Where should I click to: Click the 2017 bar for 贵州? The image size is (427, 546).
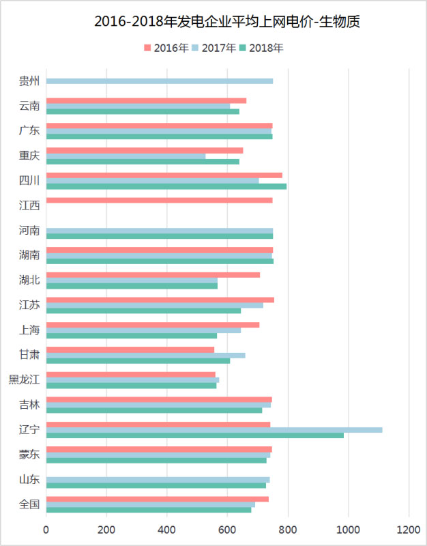click(160, 81)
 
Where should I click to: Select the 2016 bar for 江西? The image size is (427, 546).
click(160, 200)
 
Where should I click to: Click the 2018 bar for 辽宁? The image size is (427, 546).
click(195, 435)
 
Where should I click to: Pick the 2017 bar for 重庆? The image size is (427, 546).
click(126, 156)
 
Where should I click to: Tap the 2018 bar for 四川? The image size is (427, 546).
click(166, 186)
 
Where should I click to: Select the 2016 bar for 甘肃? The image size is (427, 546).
click(130, 349)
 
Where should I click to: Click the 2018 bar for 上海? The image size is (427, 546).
click(132, 335)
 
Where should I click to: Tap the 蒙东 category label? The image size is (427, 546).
click(29, 455)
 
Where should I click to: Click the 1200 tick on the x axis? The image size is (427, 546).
click(409, 529)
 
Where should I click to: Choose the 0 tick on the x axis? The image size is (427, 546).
click(46, 529)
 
